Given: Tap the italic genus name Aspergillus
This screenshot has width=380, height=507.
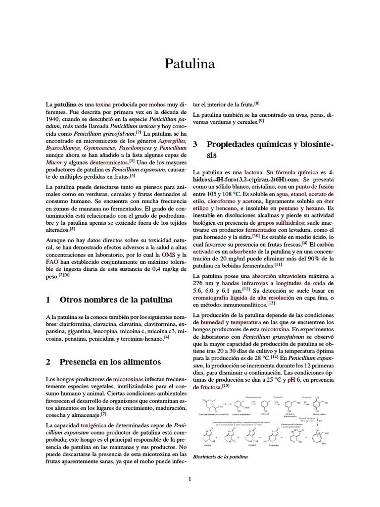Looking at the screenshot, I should point(172,141).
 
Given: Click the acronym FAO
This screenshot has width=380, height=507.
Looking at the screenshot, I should point(52,261).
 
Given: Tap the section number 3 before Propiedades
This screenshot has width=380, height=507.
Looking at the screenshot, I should point(195,144).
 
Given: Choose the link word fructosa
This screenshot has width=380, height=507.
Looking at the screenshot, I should point(207,387).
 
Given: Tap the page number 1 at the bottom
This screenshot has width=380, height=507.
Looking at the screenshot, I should point(190,479).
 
